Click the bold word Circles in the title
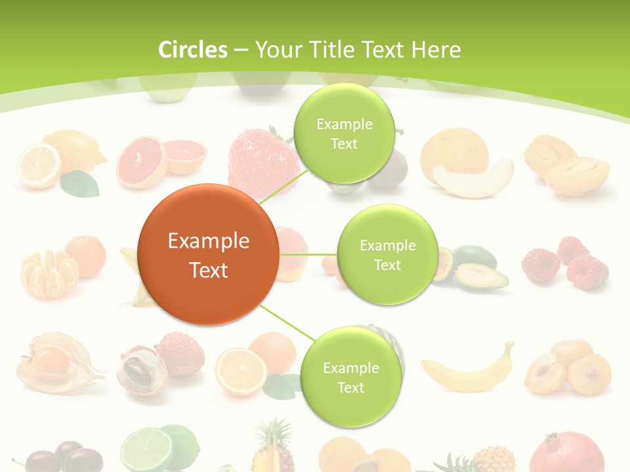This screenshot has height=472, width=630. tap(193, 50)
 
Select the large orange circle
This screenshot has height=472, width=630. tap(208, 254)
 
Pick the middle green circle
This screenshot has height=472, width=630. tap(387, 254)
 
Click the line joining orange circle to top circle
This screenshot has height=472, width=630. tap(284, 186)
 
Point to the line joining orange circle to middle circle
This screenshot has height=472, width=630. tap(308, 254)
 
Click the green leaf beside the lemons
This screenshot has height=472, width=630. tap(80, 184)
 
